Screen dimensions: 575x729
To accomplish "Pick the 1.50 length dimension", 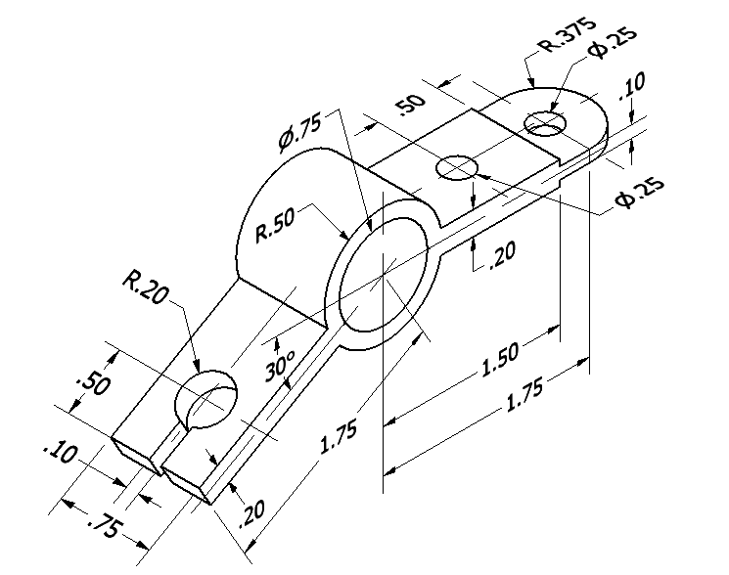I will point(500,359).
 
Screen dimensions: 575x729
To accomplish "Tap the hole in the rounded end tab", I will point(546,124).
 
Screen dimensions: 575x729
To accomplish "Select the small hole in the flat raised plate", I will point(456,167).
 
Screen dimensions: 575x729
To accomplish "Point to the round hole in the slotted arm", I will point(205,400).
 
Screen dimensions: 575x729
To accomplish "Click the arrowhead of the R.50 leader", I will point(347,237).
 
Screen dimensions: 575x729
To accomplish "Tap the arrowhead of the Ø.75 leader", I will point(369,228).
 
